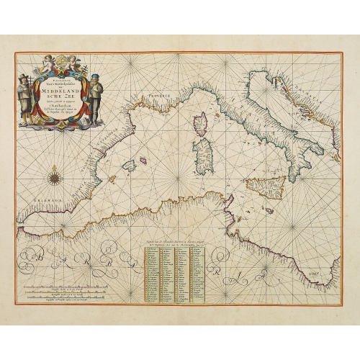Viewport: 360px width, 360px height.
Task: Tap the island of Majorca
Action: [x=130, y=165]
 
